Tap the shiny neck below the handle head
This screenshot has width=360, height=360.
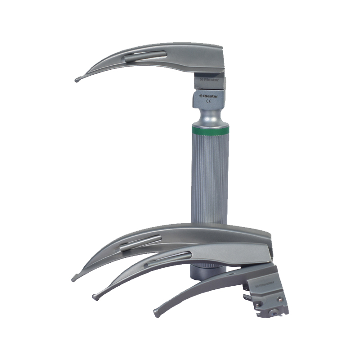[210, 117]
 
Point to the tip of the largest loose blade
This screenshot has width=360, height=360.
[74, 279]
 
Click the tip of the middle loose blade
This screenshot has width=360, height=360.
[94, 297]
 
